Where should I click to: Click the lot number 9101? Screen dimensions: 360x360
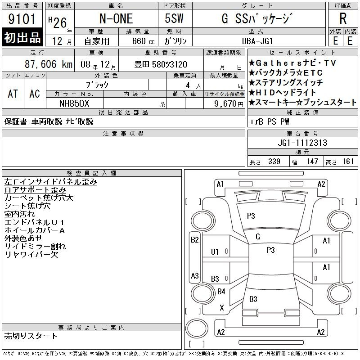click(x=22, y=19)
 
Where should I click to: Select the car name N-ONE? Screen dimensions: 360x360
click(x=116, y=18)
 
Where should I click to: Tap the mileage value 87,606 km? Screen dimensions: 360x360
click(x=49, y=64)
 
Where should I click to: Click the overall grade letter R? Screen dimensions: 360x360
click(x=343, y=18)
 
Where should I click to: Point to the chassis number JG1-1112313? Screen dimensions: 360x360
click(x=302, y=143)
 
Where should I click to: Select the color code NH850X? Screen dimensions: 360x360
click(x=74, y=103)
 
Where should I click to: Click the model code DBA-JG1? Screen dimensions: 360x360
click(x=257, y=41)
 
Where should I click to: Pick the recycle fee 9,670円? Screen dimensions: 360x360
click(x=229, y=104)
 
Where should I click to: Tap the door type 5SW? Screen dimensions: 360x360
click(x=174, y=18)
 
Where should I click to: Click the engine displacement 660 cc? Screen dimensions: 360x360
click(x=143, y=41)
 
